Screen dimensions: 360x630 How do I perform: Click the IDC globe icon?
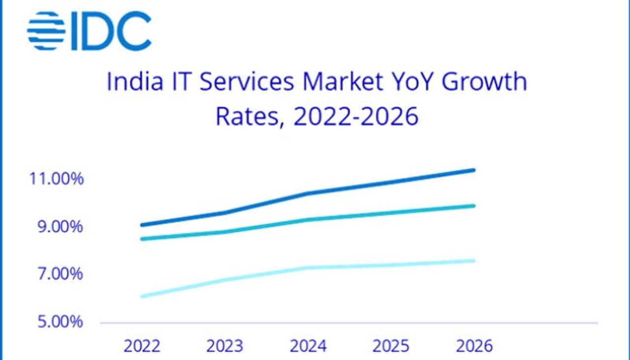(46, 31)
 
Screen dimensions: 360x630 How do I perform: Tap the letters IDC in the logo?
(111, 31)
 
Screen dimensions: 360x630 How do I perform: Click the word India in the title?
(134, 82)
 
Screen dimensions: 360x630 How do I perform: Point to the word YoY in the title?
(409, 82)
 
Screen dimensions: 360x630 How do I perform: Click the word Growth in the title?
(484, 82)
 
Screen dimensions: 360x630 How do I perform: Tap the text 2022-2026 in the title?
(356, 117)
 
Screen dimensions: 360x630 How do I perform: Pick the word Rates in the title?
(249, 117)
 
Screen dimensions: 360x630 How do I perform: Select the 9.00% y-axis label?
(61, 227)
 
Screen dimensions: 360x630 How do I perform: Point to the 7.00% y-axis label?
(61, 274)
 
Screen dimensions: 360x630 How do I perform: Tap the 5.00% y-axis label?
(61, 322)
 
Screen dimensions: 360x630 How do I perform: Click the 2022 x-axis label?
(142, 346)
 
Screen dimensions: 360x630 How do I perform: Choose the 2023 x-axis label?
(224, 346)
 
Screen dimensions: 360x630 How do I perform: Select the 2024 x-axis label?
(308, 346)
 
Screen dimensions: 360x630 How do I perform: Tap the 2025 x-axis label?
(391, 346)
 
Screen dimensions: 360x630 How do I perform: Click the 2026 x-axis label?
(474, 346)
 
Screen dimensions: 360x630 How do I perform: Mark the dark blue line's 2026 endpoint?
(473, 170)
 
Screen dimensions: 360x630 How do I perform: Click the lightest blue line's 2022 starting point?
(142, 296)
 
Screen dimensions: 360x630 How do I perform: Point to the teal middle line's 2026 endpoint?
(473, 206)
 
